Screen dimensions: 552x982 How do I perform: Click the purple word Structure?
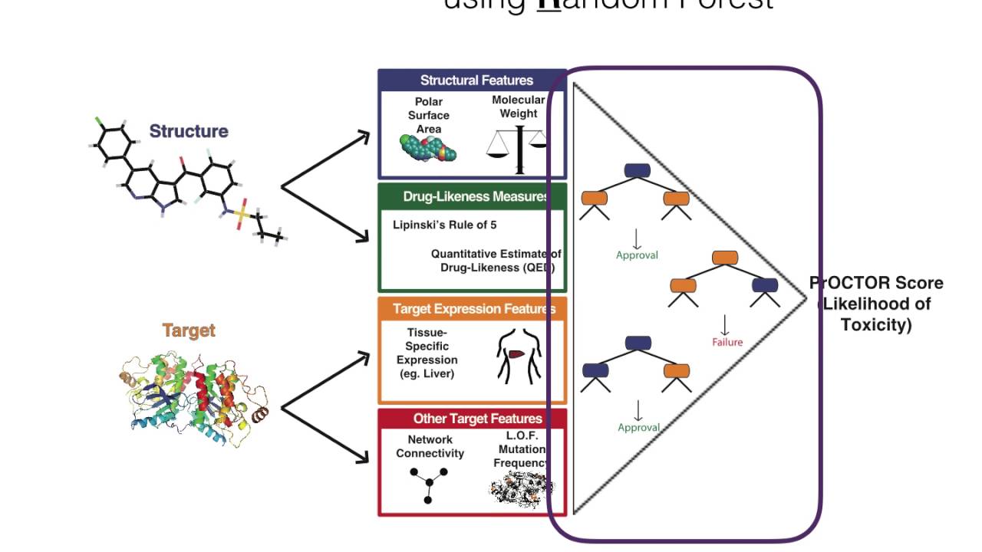(189, 131)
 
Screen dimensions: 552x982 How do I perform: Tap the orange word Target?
(189, 330)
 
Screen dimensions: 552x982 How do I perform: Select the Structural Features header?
(476, 80)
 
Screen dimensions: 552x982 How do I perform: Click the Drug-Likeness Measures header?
(476, 197)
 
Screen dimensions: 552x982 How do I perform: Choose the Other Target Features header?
(477, 419)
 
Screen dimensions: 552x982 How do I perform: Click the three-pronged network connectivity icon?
(428, 485)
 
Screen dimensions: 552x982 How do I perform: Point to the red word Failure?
(727, 342)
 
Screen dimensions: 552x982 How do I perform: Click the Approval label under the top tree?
(637, 255)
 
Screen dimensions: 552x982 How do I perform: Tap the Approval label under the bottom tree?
(638, 428)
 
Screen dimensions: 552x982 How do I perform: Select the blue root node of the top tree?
(637, 171)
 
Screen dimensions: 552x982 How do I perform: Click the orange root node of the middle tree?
(725, 258)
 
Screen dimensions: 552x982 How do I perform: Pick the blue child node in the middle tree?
(765, 285)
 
